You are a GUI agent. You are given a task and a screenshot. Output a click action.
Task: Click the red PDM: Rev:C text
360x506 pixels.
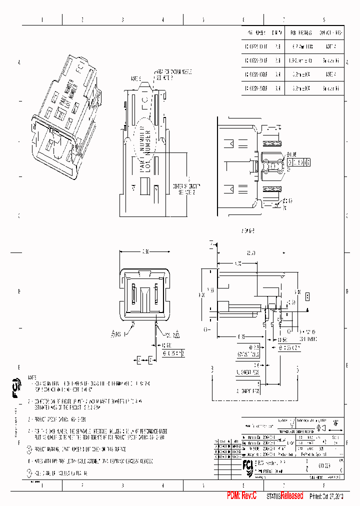click(x=241, y=495)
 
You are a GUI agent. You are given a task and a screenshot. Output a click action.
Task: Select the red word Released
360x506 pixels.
click(x=291, y=495)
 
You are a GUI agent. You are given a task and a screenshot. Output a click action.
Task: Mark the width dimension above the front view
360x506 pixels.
click(x=145, y=251)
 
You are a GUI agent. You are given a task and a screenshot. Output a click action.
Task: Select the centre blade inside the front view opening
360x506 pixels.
click(x=145, y=298)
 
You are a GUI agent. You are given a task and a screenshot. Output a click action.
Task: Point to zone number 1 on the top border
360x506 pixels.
click(x=42, y=20)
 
